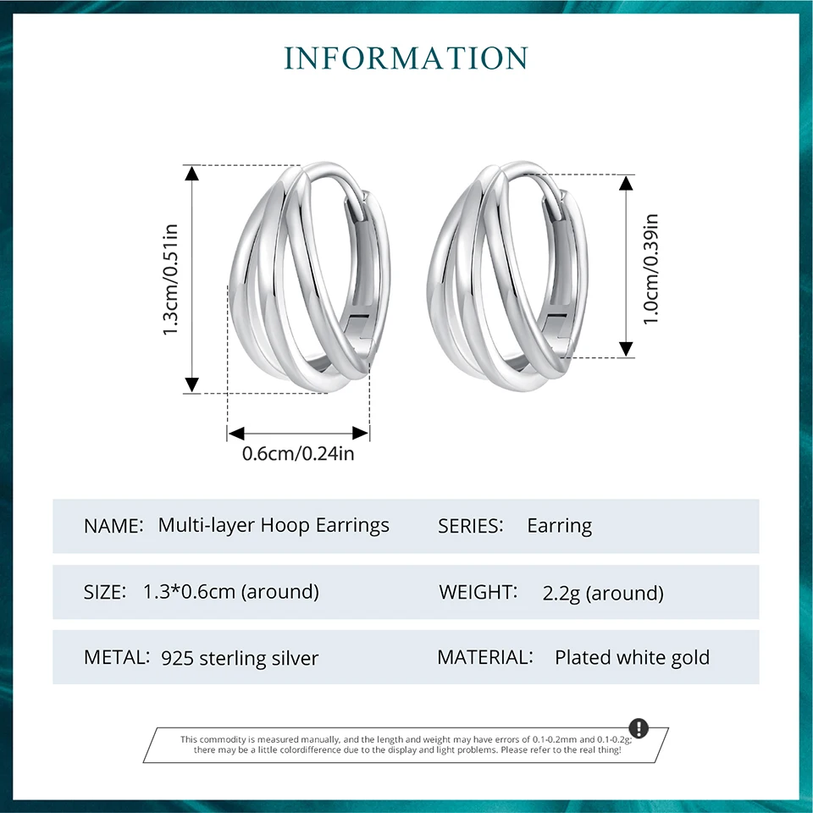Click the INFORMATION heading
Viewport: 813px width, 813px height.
[406, 58]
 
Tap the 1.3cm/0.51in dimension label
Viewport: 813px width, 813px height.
[171, 279]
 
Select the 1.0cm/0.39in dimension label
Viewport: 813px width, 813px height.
[650, 269]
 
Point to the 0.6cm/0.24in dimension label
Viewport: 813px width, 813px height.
[298, 454]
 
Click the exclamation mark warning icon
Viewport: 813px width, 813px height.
[639, 727]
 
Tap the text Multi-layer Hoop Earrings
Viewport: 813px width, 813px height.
[274, 525]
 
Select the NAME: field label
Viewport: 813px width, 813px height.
[113, 526]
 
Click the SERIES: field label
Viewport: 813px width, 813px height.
[471, 526]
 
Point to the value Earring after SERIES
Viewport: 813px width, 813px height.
[559, 526]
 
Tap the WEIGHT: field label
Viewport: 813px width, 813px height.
[478, 592]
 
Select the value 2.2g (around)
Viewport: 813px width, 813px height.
[603, 593]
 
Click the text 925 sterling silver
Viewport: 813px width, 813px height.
[240, 658]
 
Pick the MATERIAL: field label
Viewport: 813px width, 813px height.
[485, 657]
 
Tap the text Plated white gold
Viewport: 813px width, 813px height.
[632, 657]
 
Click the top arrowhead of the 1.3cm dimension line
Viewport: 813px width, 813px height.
[192, 174]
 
